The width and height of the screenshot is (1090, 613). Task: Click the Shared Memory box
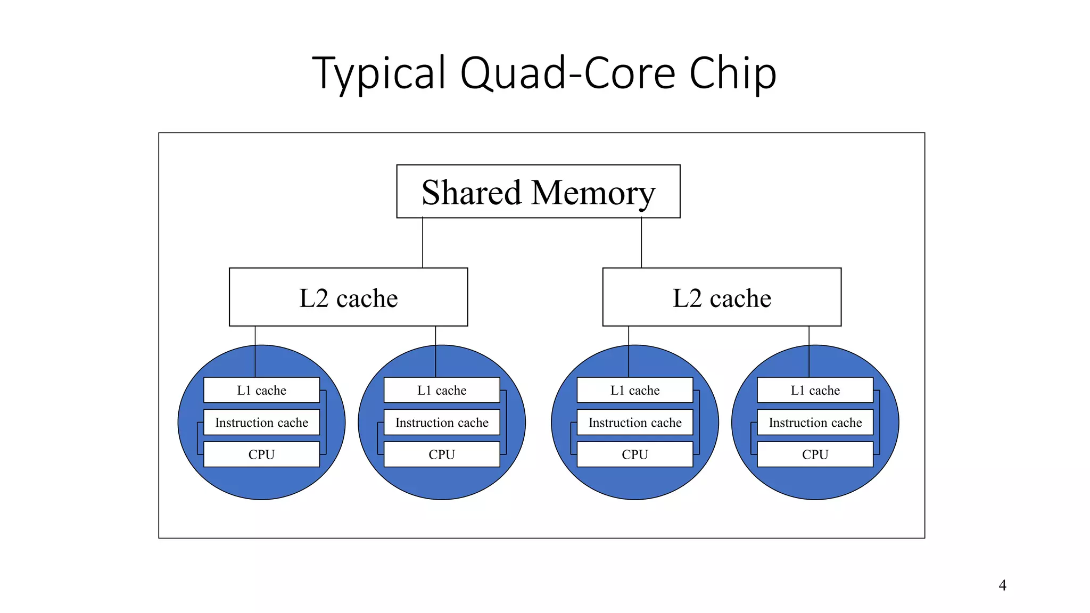pos(538,192)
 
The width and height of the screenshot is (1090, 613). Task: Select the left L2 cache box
pos(348,297)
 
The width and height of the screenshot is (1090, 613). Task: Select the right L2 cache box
pos(722,297)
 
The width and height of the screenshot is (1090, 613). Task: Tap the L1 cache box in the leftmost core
pos(261,390)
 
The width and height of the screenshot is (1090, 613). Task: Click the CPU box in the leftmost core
pos(261,454)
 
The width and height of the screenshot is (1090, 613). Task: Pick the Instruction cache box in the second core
pos(442,423)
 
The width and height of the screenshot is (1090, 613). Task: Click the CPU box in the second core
pos(442,454)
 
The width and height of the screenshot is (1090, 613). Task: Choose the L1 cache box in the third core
pos(635,390)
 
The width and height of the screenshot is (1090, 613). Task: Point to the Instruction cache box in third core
pos(635,423)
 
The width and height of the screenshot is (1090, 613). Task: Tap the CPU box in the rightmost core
pos(815,454)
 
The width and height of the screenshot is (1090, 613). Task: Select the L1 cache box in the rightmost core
pos(815,390)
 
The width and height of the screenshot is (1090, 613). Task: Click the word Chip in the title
pos(733,73)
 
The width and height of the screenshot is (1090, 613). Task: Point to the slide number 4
pos(1002,585)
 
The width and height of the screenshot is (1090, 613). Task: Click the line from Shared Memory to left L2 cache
pos(423,243)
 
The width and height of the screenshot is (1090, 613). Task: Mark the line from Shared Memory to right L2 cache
pos(641,243)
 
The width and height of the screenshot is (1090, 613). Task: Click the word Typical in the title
pos(379,73)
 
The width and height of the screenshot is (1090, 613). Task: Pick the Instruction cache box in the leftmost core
pos(261,423)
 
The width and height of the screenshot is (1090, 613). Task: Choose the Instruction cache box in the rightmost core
pos(815,423)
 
